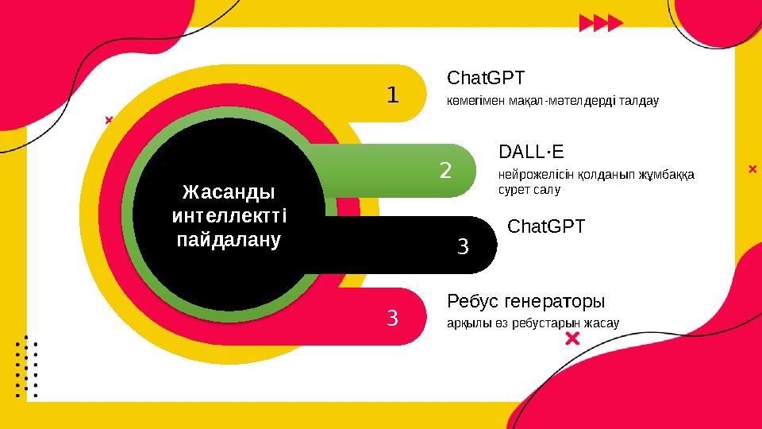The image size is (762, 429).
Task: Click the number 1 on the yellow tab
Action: [x=392, y=95]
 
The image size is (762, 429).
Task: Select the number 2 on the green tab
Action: [x=445, y=170]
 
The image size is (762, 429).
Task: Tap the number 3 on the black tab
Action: [x=464, y=246]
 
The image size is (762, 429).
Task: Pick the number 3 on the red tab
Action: [x=392, y=319]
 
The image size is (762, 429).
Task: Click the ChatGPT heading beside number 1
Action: [x=486, y=79]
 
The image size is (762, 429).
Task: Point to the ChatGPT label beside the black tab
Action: [x=545, y=226]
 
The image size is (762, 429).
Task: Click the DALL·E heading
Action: [x=531, y=151]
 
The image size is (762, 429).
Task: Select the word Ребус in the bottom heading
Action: [x=475, y=302]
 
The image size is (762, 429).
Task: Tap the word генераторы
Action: [x=556, y=302]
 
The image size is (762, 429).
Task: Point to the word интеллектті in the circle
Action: [x=229, y=215]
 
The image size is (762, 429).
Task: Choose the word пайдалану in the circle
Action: [x=229, y=238]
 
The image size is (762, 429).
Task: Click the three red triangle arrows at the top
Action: [x=601, y=22]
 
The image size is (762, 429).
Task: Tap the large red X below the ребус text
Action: [x=571, y=340]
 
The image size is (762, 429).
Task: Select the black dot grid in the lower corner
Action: [x=27, y=366]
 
